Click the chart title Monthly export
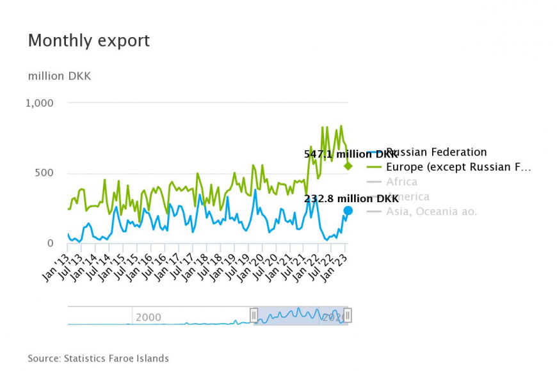88,41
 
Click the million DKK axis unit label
60,76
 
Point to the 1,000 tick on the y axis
40,103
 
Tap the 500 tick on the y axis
44,173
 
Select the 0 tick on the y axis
51,244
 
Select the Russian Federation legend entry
436,152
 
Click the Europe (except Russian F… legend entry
458,167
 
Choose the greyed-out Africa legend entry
401,182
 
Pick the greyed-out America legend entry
408,196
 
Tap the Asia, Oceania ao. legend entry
432,211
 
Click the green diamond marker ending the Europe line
348,166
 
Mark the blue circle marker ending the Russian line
348,210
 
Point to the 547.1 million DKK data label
351,154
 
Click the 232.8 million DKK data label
351,198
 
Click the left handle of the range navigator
254,315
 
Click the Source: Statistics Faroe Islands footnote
98,358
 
